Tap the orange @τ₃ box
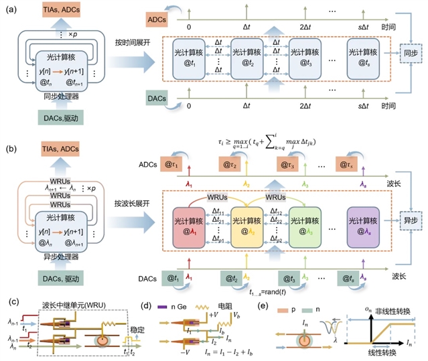click(289, 165)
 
